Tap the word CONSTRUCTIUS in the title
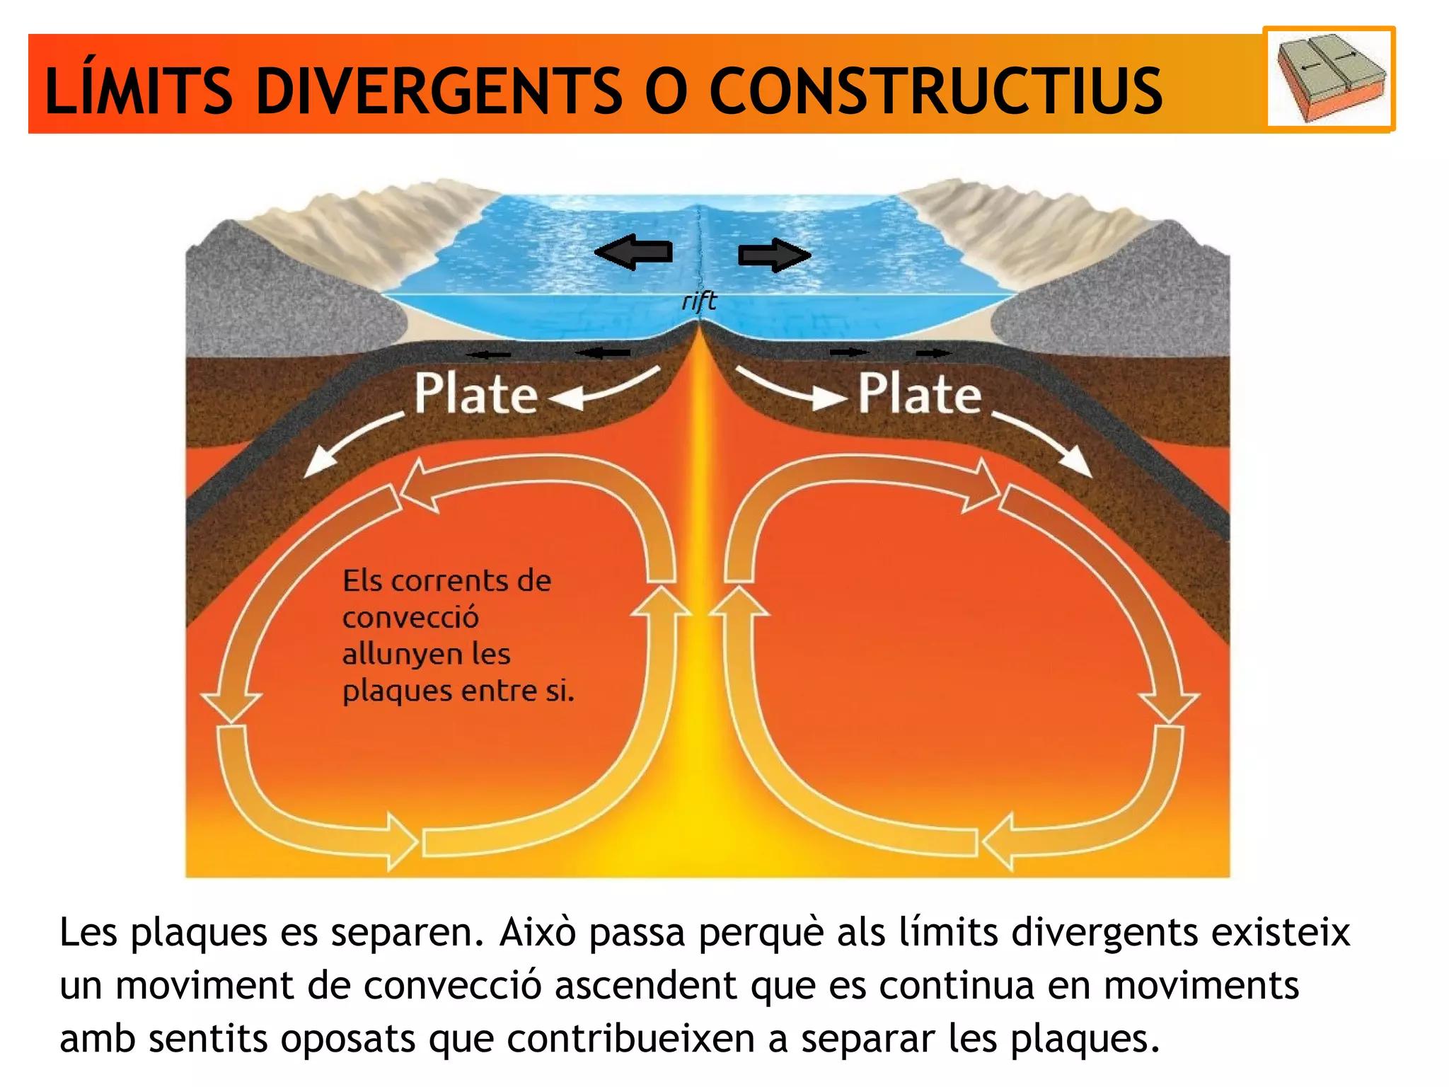click(935, 91)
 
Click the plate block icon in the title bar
click(1329, 79)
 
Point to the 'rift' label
click(699, 301)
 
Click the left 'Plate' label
click(476, 393)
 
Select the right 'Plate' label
click(920, 393)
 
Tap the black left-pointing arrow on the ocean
click(633, 253)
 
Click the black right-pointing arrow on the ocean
click(774, 255)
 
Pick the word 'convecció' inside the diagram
click(410, 617)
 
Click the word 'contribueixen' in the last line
click(631, 1039)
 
